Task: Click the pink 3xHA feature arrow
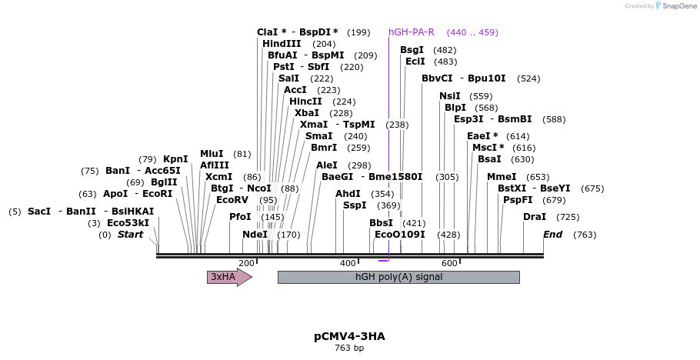click(x=228, y=277)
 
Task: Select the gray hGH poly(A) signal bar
click(x=398, y=277)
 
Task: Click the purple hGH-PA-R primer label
click(x=412, y=32)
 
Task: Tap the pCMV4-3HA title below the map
click(x=349, y=336)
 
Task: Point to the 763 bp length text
click(x=349, y=348)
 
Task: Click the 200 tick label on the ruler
click(x=246, y=264)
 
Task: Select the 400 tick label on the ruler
click(x=348, y=264)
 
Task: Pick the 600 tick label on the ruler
click(x=450, y=264)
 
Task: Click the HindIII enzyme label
click(x=282, y=44)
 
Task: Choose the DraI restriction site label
click(x=535, y=217)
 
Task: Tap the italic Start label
click(x=130, y=235)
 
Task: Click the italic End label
click(x=552, y=235)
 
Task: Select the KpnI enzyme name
click(x=175, y=159)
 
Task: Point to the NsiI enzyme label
click(x=450, y=96)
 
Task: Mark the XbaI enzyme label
click(x=307, y=113)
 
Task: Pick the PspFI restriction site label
click(x=518, y=200)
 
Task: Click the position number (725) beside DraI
click(x=568, y=217)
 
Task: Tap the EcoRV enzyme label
click(x=232, y=200)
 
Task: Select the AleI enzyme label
click(x=327, y=165)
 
